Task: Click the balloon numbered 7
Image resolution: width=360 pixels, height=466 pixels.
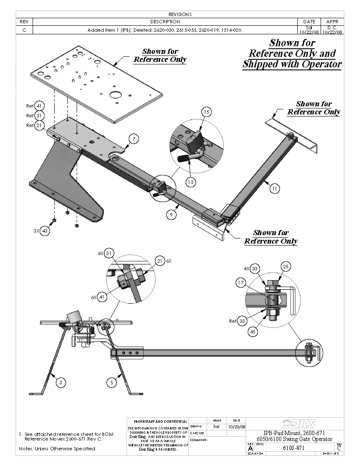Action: [x=133, y=139]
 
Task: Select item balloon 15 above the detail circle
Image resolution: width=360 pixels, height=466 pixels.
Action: [x=206, y=112]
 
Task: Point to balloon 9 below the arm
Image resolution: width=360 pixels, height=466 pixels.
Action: [x=171, y=215]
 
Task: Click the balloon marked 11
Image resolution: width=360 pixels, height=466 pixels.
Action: [x=275, y=189]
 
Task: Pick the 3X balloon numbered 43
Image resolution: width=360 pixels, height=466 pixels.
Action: [x=45, y=231]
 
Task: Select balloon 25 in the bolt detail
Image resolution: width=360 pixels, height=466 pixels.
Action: [x=286, y=266]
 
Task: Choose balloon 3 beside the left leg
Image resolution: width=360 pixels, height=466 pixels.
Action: [x=61, y=383]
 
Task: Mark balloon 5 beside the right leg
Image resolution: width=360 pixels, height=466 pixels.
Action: [x=111, y=383]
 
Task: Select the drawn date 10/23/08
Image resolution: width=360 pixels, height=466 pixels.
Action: [x=237, y=427]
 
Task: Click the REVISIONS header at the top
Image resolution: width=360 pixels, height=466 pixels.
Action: [x=180, y=14]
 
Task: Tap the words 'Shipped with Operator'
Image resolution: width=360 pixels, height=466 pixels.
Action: [x=292, y=64]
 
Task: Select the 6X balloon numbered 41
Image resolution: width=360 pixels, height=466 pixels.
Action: [x=102, y=297]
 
